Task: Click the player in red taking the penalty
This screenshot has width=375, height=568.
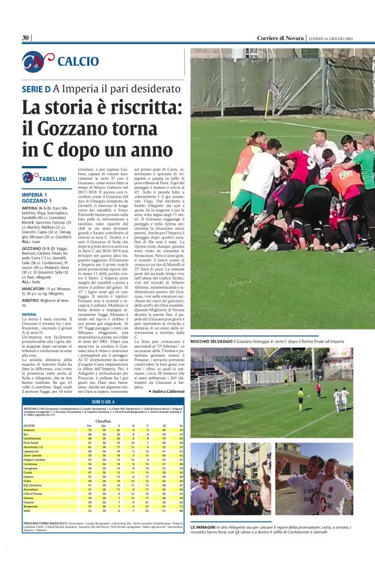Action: click(x=318, y=388)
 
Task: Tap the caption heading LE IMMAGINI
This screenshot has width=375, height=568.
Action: click(x=205, y=528)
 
